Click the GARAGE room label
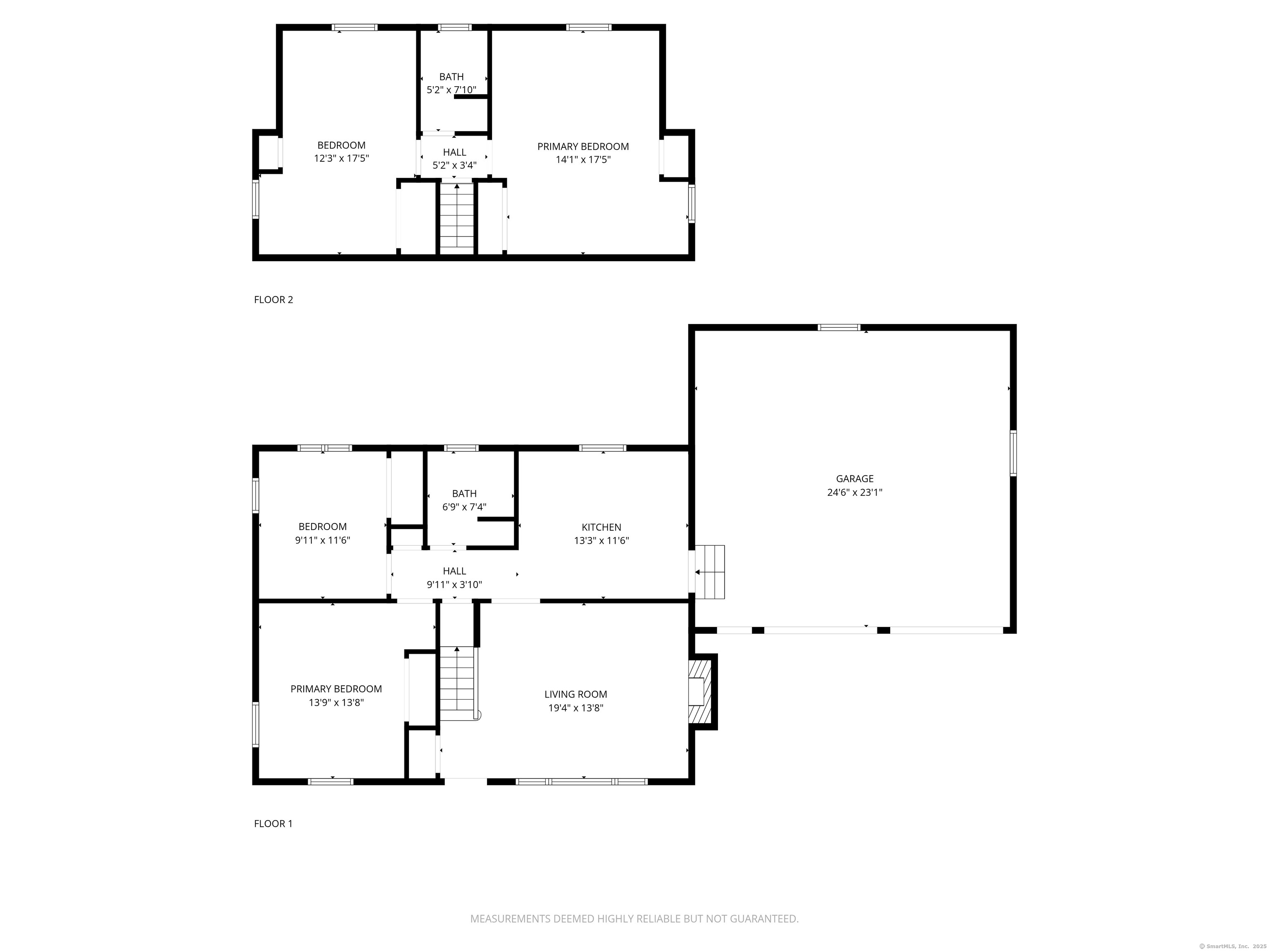tap(854, 479)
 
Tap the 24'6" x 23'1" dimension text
tap(854, 492)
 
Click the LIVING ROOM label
tap(575, 694)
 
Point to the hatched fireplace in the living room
tap(700, 692)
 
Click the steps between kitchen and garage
tap(710, 572)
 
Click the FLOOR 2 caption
tap(273, 300)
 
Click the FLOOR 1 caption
tap(273, 824)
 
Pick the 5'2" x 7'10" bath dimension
tap(452, 90)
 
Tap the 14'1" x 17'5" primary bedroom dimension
tap(583, 160)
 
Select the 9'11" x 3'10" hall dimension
tap(454, 585)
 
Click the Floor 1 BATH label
tap(464, 494)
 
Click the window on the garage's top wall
tap(839, 328)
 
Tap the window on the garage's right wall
tap(1013, 454)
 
